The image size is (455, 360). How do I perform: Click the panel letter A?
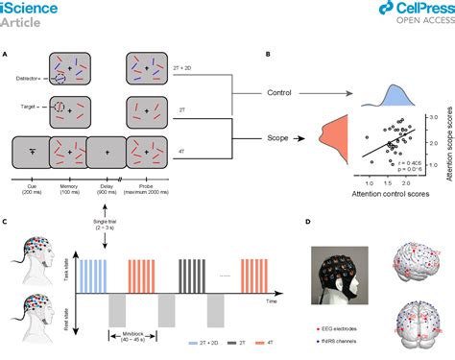pyautogui.click(x=7, y=55)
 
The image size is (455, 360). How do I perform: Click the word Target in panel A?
pyautogui.click(x=29, y=109)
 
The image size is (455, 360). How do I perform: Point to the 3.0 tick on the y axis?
pyautogui.click(x=434, y=114)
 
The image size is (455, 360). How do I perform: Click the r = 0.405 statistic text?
pyautogui.click(x=416, y=164)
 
